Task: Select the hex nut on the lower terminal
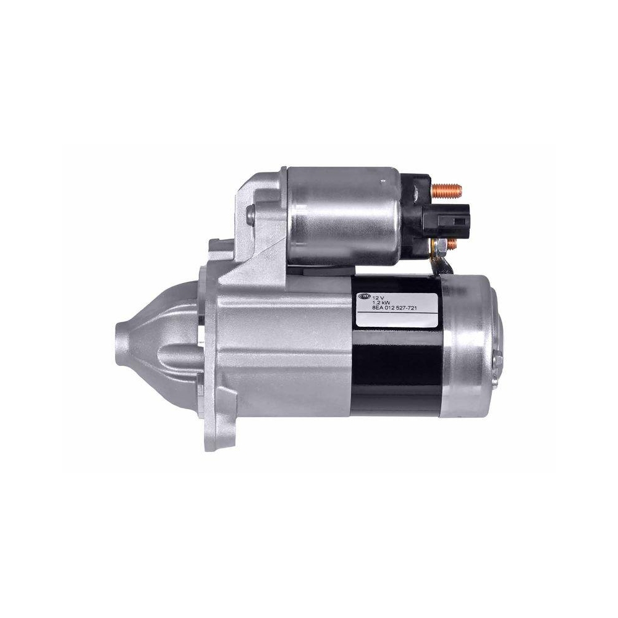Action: [x=440, y=247]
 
